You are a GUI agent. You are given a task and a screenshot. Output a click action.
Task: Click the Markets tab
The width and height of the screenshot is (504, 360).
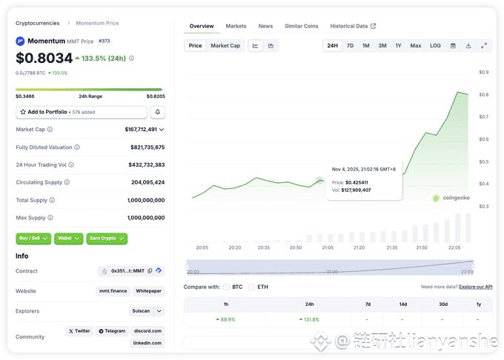tap(236, 26)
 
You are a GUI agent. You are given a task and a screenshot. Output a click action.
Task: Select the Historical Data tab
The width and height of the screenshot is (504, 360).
tap(349, 26)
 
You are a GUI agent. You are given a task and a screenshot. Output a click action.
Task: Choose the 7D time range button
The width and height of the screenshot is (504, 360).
tap(350, 46)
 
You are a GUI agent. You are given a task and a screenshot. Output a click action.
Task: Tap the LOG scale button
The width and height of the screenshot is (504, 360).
tap(435, 46)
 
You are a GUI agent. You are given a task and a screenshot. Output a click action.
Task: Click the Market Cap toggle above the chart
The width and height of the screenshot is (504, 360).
tap(225, 46)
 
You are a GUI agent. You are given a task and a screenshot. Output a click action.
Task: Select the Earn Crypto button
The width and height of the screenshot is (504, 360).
tap(107, 239)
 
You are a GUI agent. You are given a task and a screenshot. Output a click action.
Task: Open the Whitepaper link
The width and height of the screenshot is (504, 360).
tap(149, 291)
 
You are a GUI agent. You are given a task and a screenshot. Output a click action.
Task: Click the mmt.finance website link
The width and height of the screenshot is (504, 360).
tap(112, 291)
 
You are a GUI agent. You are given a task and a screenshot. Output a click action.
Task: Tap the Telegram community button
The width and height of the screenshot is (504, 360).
tap(112, 331)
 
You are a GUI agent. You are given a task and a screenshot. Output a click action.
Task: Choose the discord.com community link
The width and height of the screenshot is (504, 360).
tap(149, 331)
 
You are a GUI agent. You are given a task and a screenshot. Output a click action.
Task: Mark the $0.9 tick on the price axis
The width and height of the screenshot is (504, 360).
tap(483, 72)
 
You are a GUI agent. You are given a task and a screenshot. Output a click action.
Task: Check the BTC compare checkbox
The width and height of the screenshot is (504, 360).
tap(227, 287)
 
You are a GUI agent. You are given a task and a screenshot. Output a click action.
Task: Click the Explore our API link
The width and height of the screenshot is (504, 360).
tap(475, 287)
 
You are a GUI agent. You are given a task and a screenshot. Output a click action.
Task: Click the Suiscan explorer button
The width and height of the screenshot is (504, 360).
tap(142, 311)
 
